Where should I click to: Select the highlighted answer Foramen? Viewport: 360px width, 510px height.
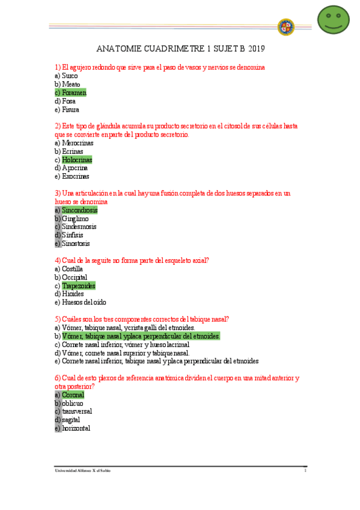click(74, 93)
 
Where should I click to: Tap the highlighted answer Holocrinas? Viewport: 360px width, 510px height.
click(77, 160)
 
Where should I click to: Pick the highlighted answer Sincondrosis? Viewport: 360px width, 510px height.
click(79, 210)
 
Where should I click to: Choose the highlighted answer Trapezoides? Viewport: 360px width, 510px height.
click(78, 286)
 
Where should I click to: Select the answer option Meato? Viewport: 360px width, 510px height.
click(71, 84)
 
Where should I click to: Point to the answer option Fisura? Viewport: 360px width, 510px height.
click(70, 109)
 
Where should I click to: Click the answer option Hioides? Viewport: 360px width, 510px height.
click(73, 294)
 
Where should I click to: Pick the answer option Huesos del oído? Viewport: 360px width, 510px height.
click(84, 303)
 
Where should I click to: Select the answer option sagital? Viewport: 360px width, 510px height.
click(70, 420)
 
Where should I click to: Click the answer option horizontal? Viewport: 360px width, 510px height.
click(76, 428)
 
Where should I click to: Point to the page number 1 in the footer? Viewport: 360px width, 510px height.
click(305, 470)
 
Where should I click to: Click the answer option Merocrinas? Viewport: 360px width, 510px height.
click(77, 143)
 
